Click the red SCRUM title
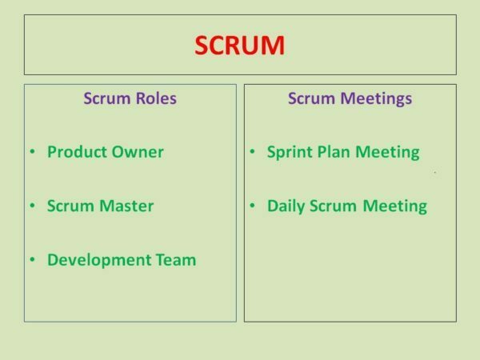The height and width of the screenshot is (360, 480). pyautogui.click(x=240, y=46)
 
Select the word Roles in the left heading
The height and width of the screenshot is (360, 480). pyautogui.click(x=156, y=98)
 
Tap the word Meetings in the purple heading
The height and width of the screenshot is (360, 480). pyautogui.click(x=376, y=99)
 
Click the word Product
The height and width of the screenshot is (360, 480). pyautogui.click(x=78, y=152)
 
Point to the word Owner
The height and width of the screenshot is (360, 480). pyautogui.click(x=138, y=152)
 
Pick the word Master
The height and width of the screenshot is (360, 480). pyautogui.click(x=126, y=206)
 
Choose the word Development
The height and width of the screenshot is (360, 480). pyautogui.click(x=99, y=261)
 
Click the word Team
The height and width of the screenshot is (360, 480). pyautogui.click(x=176, y=260)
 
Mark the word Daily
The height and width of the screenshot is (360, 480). pyautogui.click(x=286, y=206)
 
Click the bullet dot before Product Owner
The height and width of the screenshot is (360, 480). pyautogui.click(x=33, y=151)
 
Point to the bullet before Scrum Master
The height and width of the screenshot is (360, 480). pyautogui.click(x=33, y=206)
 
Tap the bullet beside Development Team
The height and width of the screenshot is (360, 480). pyautogui.click(x=33, y=259)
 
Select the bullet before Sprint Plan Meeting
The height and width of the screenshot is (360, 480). pyautogui.click(x=252, y=151)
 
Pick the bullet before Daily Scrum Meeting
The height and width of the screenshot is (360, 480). pyautogui.click(x=252, y=206)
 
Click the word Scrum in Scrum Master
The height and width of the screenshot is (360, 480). pyautogui.click(x=71, y=206)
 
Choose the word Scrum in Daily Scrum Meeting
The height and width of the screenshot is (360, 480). pyautogui.click(x=333, y=206)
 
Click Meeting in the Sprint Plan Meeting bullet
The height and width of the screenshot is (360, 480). pyautogui.click(x=387, y=153)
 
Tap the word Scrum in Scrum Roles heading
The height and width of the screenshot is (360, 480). pyautogui.click(x=107, y=98)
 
